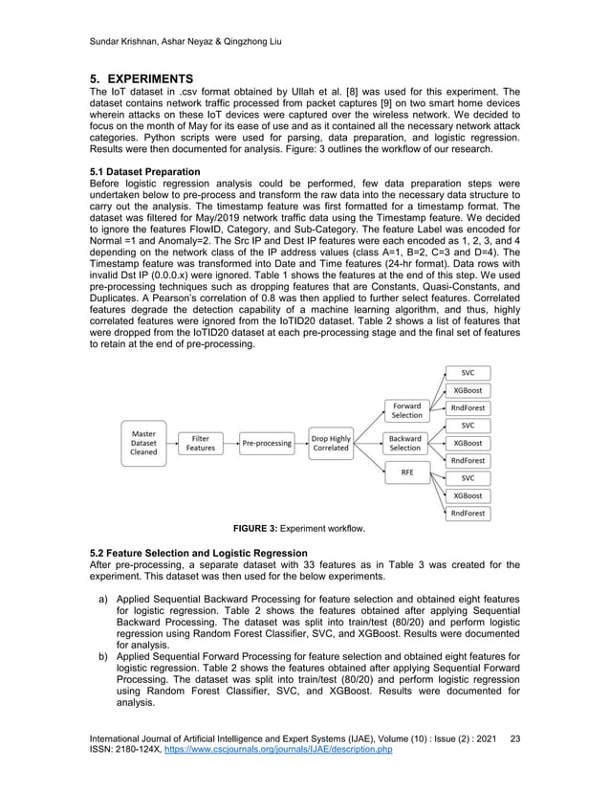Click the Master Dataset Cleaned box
click(144, 444)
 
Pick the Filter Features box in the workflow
click(201, 444)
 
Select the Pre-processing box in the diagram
click(267, 444)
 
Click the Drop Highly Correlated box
click(331, 444)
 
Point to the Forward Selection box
click(405, 410)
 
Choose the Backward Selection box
click(405, 444)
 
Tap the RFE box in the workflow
click(405, 471)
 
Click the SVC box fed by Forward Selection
click(468, 373)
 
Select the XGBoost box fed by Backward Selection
click(468, 443)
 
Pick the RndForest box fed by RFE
click(468, 514)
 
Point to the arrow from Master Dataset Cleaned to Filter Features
click(172, 444)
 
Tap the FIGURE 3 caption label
click(269, 529)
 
